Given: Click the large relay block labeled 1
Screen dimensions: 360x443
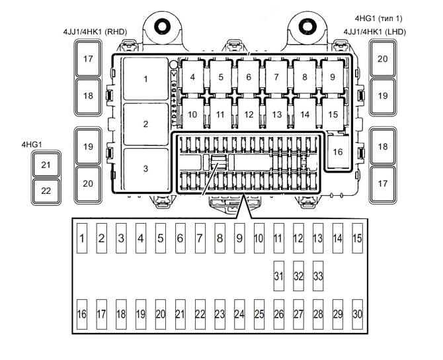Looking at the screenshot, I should click(145, 79).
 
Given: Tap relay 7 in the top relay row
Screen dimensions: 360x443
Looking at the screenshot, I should click(276, 77).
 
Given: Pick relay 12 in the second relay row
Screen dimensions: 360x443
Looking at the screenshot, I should click(249, 114).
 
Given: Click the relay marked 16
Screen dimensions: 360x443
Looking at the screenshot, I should click(338, 152).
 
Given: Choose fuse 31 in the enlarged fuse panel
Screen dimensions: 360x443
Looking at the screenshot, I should click(278, 275).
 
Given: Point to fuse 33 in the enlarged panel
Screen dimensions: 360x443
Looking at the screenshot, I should click(318, 275).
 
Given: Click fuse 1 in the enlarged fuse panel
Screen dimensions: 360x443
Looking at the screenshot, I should click(81, 239).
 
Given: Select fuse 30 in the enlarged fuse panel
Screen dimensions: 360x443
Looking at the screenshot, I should click(357, 314).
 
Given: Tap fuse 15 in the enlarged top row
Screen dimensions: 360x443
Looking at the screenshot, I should click(357, 239).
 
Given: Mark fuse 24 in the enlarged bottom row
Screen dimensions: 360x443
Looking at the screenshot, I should click(239, 314).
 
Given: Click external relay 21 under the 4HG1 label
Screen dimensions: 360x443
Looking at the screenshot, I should click(46, 165).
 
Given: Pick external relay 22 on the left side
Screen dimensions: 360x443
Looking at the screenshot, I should click(46, 191).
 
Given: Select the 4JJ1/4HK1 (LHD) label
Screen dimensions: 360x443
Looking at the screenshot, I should click(374, 31).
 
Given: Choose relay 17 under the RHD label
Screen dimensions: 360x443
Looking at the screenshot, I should click(88, 58).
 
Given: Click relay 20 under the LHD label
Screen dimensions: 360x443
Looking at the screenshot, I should click(382, 58).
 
